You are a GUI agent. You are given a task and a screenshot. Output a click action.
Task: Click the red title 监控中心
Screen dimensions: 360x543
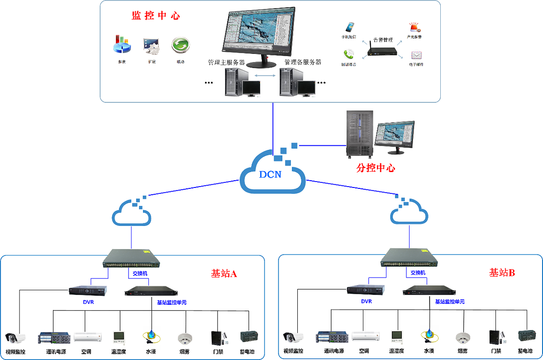pos(156,16)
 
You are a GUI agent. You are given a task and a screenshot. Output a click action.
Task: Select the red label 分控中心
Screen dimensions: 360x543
pos(376,168)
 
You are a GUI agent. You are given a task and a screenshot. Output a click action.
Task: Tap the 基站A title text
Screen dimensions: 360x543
pos(224,274)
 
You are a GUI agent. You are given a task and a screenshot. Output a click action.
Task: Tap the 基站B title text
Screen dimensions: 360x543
pos(502,273)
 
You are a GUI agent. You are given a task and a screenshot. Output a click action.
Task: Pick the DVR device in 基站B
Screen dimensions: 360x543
pos(366,289)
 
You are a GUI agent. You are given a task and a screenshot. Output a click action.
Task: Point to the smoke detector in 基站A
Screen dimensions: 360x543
pos(185,338)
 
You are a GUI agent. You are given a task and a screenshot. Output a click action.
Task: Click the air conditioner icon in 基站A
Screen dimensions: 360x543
pos(85,337)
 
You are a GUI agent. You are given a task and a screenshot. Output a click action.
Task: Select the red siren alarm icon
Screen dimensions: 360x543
pos(414,28)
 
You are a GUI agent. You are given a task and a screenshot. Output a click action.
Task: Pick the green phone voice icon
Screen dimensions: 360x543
pos(348,54)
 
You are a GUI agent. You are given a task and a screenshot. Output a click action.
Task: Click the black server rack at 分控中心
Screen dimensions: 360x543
pos(359,134)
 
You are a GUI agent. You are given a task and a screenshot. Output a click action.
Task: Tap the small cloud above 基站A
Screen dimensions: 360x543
pos(132,213)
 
